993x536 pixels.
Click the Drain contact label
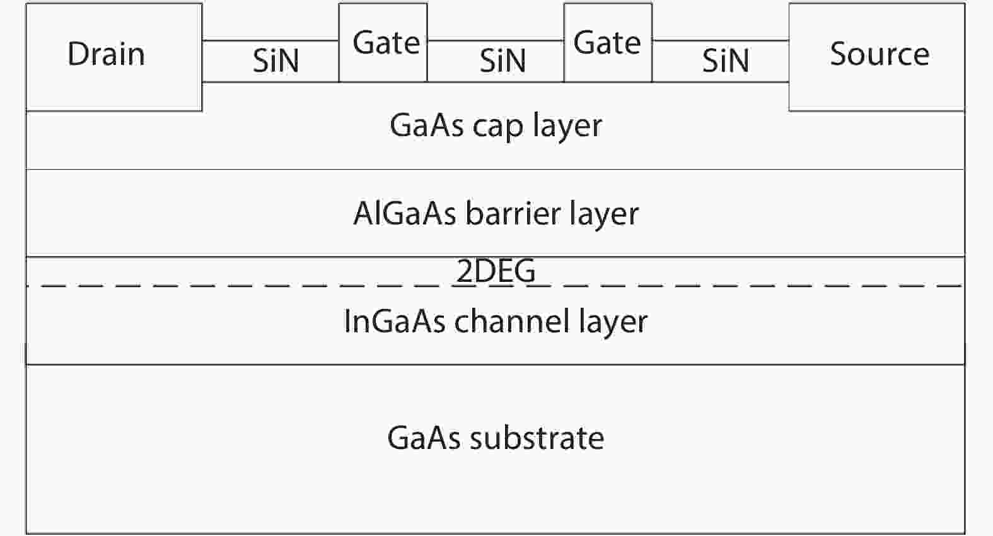(x=106, y=54)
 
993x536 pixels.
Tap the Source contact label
(x=879, y=54)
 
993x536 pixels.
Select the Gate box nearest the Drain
(x=383, y=43)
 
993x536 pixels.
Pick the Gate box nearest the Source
(x=608, y=43)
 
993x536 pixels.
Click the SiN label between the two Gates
(x=502, y=61)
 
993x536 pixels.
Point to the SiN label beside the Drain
(x=276, y=61)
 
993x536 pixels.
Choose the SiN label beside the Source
(x=726, y=61)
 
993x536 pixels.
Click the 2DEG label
(x=496, y=271)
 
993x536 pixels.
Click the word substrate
(x=537, y=438)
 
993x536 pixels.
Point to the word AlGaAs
(x=405, y=213)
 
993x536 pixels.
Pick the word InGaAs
(x=395, y=321)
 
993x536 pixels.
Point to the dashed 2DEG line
(x=252, y=286)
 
